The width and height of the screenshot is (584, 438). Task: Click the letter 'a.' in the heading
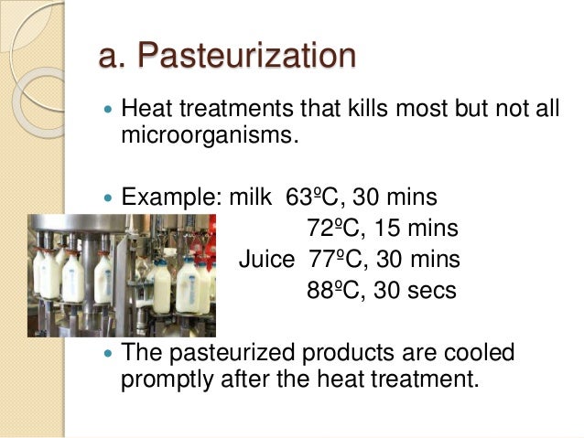(x=117, y=56)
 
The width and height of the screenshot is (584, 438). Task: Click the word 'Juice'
(x=266, y=260)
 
